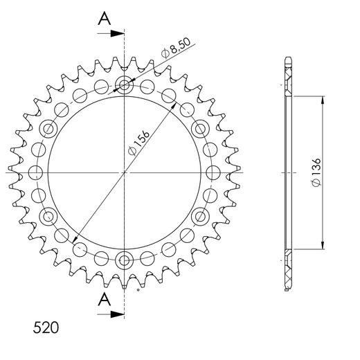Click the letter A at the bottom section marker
(104, 299)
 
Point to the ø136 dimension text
(315, 171)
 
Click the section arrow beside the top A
(114, 33)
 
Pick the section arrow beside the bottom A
(114, 314)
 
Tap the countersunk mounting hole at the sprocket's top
(125, 86)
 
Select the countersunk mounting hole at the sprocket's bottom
(125, 260)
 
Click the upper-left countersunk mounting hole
(49, 129)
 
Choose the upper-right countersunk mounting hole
(200, 129)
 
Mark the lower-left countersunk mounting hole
(49, 216)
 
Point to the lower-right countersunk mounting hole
(200, 216)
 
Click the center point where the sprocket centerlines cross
(125, 172)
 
